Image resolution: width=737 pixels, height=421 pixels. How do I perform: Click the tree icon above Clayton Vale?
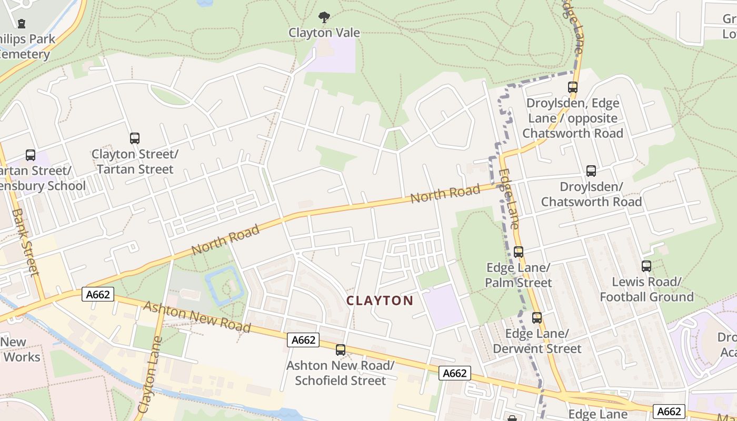(x=324, y=17)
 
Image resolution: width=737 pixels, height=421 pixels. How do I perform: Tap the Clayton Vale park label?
(x=324, y=33)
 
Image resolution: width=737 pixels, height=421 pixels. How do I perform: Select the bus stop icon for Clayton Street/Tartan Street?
(x=135, y=138)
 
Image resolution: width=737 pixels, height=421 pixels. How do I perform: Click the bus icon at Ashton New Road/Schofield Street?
(x=341, y=349)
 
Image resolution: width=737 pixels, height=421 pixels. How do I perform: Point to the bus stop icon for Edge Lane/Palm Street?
(x=519, y=252)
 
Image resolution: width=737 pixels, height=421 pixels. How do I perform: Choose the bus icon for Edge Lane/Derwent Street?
(x=536, y=318)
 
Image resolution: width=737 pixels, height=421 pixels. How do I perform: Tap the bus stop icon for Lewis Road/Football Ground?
(x=646, y=266)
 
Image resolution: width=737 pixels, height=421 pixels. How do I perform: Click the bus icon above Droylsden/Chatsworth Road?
(x=591, y=171)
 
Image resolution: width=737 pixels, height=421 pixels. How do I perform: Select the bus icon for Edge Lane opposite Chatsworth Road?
(x=573, y=87)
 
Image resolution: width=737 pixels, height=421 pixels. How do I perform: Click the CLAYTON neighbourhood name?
(x=380, y=300)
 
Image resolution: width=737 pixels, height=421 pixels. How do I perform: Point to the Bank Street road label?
(x=25, y=242)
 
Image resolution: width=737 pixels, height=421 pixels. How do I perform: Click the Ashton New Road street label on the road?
(x=197, y=316)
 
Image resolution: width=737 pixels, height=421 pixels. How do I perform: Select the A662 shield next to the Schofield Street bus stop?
(x=304, y=340)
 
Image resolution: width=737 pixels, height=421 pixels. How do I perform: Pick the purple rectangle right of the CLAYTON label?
(x=443, y=307)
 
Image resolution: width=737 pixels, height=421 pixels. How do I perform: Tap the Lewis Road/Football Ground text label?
(x=646, y=289)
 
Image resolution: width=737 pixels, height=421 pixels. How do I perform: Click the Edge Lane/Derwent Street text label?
(x=537, y=341)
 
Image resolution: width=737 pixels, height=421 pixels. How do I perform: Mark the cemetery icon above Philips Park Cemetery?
(x=21, y=24)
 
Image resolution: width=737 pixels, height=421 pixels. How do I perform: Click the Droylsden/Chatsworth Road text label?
(x=591, y=194)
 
